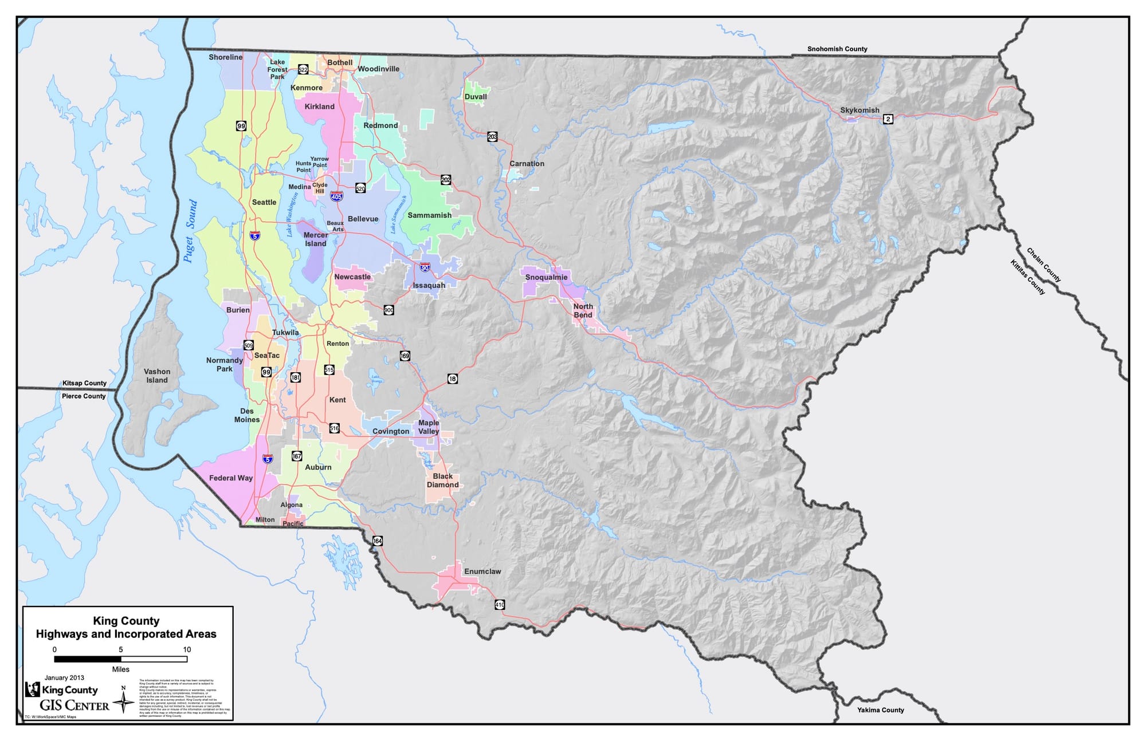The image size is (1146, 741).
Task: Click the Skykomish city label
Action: (x=859, y=111)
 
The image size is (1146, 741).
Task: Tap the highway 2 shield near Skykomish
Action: (x=888, y=119)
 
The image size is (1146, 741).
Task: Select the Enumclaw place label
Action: (x=482, y=571)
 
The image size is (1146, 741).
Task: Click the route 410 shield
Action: (x=500, y=605)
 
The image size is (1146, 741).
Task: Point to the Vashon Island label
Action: (x=157, y=376)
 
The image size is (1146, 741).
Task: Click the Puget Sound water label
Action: (x=191, y=231)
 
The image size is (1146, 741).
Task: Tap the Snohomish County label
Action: (x=837, y=49)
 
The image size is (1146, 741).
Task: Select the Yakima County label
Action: (x=880, y=710)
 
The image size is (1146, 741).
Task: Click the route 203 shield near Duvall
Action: (x=492, y=137)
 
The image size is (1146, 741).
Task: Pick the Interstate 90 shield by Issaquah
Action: (x=425, y=267)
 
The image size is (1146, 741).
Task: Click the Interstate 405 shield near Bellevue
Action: (x=337, y=196)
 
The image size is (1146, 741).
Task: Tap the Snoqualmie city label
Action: (x=546, y=278)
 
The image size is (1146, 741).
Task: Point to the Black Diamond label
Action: (x=442, y=480)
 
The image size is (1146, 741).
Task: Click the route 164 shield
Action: (x=378, y=541)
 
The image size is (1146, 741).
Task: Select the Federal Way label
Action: (x=231, y=478)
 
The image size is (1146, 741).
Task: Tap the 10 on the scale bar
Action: (x=187, y=649)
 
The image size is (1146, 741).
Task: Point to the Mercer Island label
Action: (x=316, y=239)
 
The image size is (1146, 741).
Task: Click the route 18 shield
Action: (x=453, y=379)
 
